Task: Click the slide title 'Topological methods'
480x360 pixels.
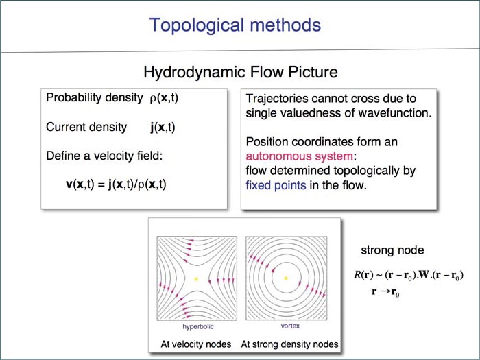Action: pos(235,25)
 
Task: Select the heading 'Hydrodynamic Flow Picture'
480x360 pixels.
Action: pos(241,72)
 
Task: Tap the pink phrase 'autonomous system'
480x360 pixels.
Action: pos(300,156)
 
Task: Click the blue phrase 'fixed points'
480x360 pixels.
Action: pos(276,185)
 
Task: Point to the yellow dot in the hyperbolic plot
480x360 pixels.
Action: pos(196,279)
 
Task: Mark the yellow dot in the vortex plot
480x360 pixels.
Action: pos(286,278)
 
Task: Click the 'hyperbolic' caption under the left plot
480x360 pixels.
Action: pos(198,326)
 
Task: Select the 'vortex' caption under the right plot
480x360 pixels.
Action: pos(290,326)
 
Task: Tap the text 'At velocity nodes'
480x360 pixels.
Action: pos(196,344)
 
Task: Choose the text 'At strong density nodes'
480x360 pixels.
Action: pos(289,344)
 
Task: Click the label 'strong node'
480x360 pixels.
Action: pos(392,250)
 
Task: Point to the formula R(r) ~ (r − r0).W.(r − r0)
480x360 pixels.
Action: pos(409,275)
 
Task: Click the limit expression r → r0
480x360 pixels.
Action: pos(385,291)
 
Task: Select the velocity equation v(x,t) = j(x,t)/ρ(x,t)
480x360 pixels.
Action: pos(116,184)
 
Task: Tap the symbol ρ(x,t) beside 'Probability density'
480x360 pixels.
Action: pos(164,98)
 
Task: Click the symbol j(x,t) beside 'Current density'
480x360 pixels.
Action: pos(163,127)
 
